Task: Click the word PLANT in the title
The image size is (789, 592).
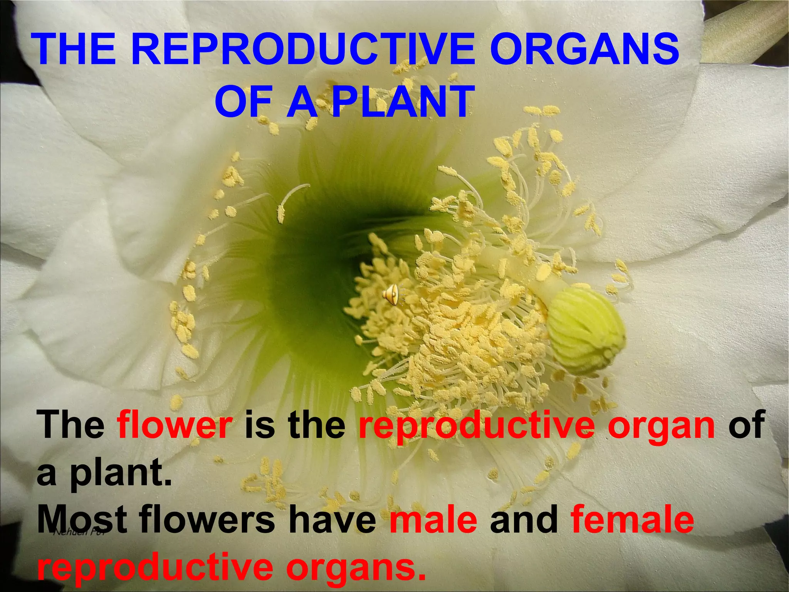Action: pos(401,102)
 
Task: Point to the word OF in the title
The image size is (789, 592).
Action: pos(243,102)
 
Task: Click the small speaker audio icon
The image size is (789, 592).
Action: pos(391,296)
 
